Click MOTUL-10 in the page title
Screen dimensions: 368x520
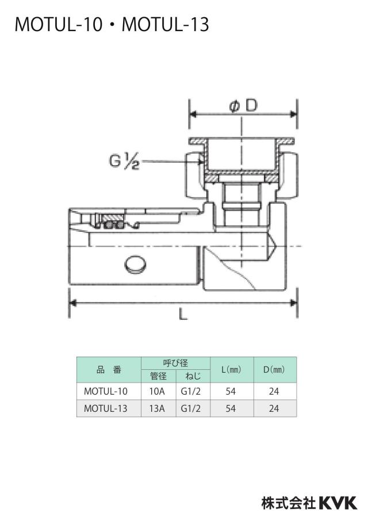point(59,25)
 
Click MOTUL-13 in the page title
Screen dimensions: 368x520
point(166,25)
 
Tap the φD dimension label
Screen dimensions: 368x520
point(243,106)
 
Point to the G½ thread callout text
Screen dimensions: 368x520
point(124,162)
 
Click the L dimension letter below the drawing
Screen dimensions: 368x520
point(183,313)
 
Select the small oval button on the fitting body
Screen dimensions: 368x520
point(136,264)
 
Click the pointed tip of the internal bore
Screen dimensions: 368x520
point(275,246)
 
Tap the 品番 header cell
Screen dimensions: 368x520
point(109,370)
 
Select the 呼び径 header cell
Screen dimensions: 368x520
point(176,363)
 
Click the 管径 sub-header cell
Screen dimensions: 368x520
point(159,376)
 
